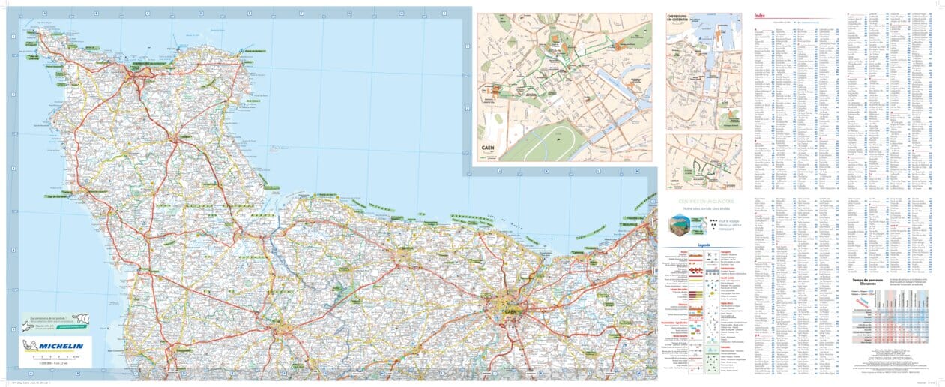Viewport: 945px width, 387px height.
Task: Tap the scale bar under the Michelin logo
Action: click(x=56, y=361)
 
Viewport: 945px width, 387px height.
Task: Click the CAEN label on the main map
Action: click(x=513, y=310)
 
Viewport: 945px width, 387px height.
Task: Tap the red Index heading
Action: click(x=760, y=16)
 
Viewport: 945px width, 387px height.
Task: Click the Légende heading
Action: click(x=703, y=244)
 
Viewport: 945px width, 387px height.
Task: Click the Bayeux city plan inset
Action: click(x=704, y=162)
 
